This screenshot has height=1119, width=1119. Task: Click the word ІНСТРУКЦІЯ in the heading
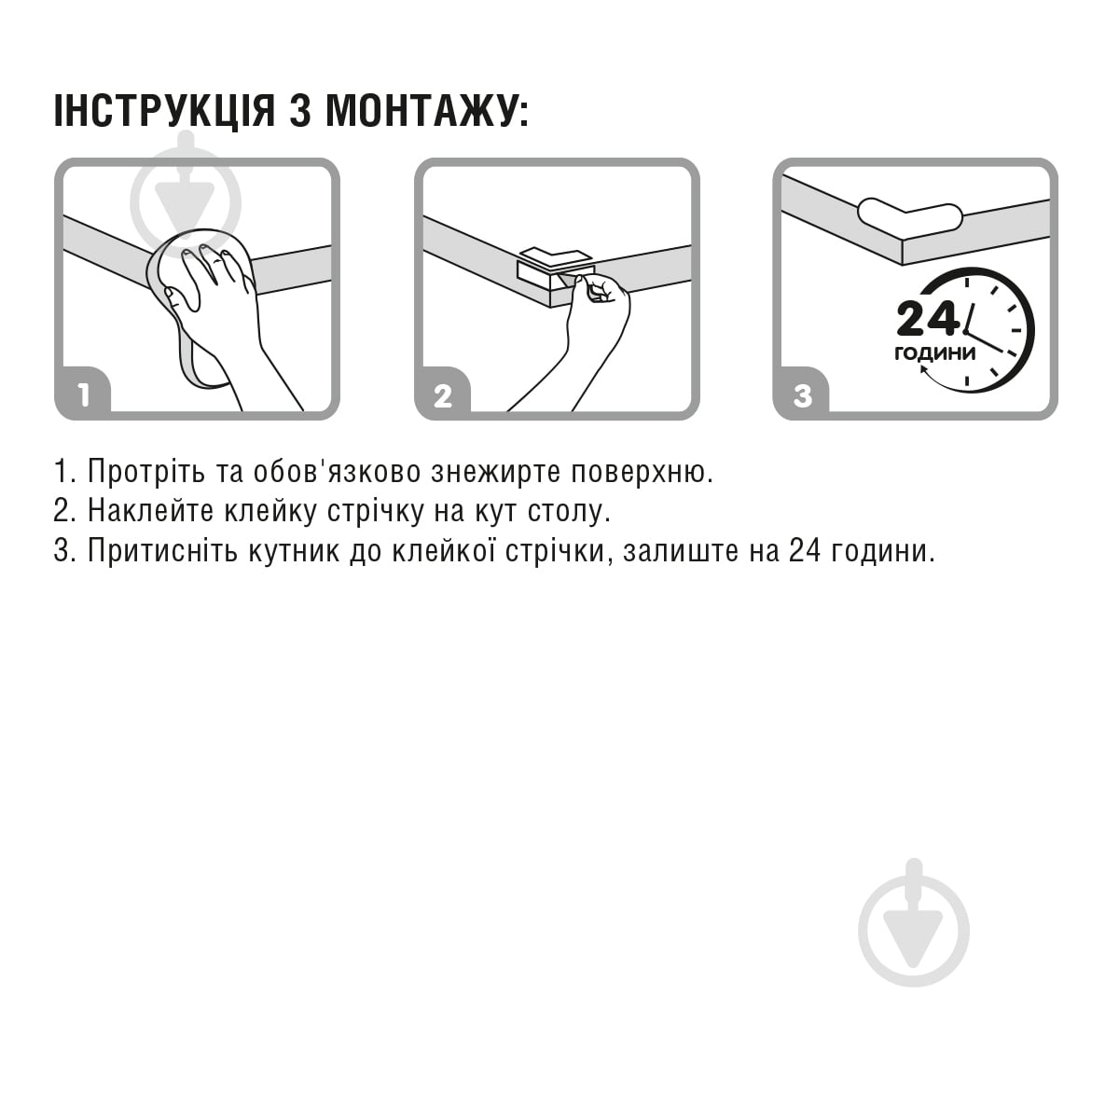pos(164,111)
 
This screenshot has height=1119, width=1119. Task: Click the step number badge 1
pos(83,395)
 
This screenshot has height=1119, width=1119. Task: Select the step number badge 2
pos(443,395)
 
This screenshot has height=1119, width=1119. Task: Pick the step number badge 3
pos(803,395)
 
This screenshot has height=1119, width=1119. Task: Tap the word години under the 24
pos(934,353)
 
